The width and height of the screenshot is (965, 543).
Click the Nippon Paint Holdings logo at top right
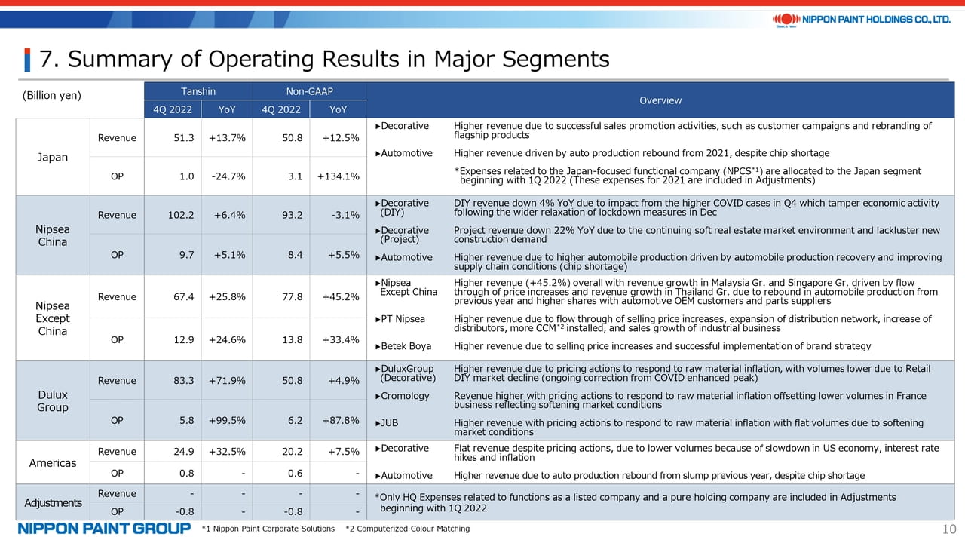coord(862,20)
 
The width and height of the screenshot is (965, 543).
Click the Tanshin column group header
coord(198,91)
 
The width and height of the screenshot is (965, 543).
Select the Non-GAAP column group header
coord(309,91)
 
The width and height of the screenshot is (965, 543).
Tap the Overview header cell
coord(660,100)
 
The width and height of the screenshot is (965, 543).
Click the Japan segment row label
coord(53,157)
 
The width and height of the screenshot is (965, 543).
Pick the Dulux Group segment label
coord(53,400)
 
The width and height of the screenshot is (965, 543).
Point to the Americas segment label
coord(53,463)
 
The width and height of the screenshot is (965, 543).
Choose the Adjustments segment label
coord(53,502)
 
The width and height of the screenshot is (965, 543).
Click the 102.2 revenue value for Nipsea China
coord(181,215)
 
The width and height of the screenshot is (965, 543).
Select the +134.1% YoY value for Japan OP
coord(339,176)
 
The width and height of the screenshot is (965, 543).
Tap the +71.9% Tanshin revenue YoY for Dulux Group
coord(227,381)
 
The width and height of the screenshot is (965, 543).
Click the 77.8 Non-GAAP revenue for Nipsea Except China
coord(292,297)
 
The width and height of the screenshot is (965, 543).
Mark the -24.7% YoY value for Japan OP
coord(228,176)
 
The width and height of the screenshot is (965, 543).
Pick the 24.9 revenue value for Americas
coord(183,452)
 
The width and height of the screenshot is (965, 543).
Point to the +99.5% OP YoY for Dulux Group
coord(227,420)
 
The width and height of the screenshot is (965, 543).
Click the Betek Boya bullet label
coord(403,346)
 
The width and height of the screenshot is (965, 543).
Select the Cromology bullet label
coord(402,396)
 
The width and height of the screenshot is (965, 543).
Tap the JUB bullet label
coord(387,423)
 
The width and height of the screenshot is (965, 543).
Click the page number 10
coord(949,529)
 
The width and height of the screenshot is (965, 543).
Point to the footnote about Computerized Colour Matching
coord(408,529)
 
